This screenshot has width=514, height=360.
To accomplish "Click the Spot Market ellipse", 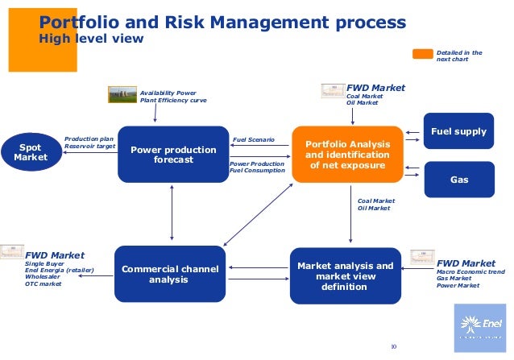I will coord(31,151).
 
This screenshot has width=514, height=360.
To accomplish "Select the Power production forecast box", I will coord(173,154).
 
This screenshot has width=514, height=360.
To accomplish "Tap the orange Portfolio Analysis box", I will coord(348,154).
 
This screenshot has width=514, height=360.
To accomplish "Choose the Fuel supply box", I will coord(458,131).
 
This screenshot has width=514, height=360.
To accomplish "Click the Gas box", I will coord(458,180).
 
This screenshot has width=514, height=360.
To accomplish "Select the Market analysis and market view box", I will coord(344,276).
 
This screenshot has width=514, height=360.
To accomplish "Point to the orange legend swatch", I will coord(423,55).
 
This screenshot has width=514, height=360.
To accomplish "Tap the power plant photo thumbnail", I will coord(122,94).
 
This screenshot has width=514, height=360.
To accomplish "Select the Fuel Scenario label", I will coord(253,139).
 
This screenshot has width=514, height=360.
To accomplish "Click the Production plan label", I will coord(89,139).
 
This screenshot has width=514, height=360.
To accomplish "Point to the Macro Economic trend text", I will coord(471,272).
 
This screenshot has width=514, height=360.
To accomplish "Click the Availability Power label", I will coord(168,93).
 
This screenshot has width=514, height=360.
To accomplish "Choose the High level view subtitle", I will coord(91,38).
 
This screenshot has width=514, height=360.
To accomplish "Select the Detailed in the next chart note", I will coord(459,56).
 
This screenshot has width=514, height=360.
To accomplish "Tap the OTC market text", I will coord(43,283).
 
